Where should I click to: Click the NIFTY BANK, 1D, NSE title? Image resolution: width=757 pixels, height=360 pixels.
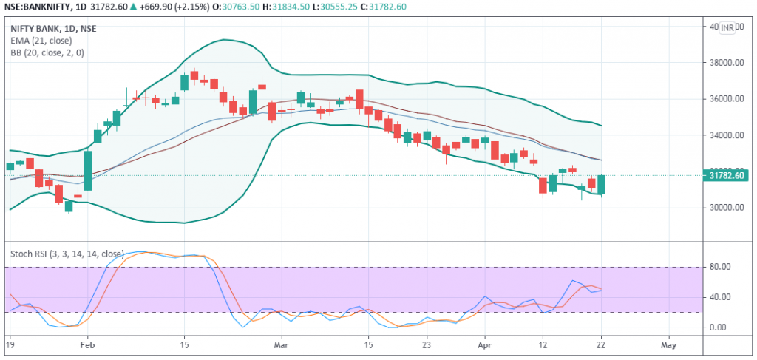[x=53, y=29]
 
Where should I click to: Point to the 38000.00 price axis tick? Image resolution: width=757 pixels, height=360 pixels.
[x=724, y=64]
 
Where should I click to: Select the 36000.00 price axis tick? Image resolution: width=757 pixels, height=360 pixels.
[x=724, y=99]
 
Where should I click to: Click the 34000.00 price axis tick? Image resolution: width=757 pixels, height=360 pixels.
[x=724, y=135]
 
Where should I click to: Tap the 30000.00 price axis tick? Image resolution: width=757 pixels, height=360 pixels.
[x=724, y=207]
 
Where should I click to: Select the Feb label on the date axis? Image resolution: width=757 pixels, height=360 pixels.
[x=87, y=344]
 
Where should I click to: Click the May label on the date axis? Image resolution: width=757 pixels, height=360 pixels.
[x=668, y=344]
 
